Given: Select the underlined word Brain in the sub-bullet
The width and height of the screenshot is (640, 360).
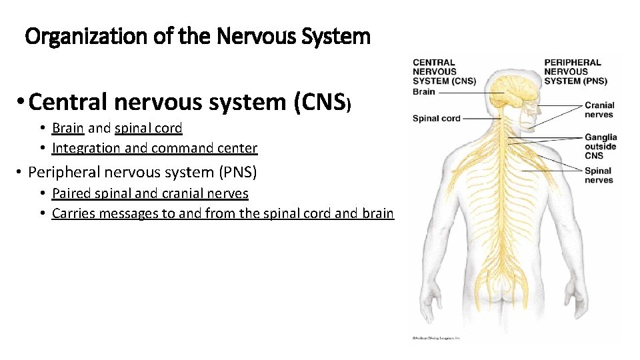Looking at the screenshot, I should (x=68, y=128).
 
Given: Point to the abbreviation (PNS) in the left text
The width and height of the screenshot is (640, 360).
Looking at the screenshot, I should (x=237, y=172).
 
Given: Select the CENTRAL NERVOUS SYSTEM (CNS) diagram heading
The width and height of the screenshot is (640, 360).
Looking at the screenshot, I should (x=444, y=71).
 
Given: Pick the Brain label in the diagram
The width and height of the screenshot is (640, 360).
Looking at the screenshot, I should (x=424, y=92).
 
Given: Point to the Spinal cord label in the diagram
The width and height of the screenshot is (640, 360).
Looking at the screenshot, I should (x=436, y=119).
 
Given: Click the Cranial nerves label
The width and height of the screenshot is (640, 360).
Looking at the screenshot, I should (x=599, y=109).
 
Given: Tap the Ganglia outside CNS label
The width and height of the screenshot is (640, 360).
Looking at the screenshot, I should (x=600, y=146).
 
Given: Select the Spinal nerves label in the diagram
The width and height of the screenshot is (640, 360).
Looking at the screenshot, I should (x=598, y=175).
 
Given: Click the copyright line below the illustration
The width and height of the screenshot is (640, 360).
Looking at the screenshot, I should (x=435, y=339).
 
